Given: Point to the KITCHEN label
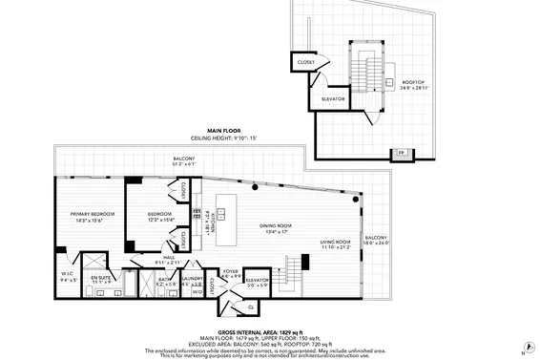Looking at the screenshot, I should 213,222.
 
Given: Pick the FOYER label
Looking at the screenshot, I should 230,273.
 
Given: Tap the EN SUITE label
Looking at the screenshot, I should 102,280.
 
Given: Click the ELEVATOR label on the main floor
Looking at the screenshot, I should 258,282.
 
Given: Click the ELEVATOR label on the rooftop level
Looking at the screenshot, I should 333,98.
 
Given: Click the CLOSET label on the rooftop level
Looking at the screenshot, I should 306,63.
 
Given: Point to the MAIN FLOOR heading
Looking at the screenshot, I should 223,130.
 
